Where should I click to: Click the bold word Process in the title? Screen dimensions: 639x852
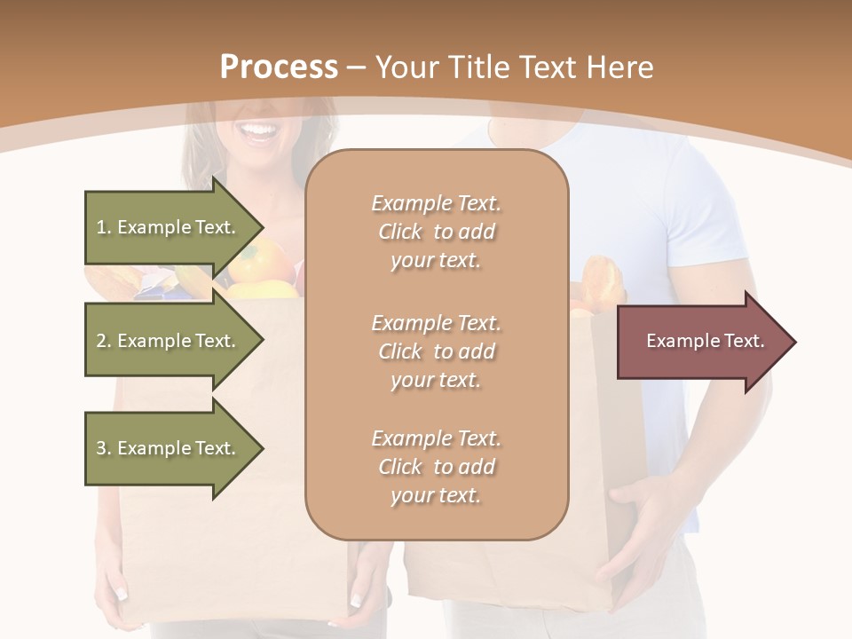tap(279, 67)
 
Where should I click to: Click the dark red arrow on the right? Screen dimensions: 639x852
tap(701, 342)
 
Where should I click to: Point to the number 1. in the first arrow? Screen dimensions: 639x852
tap(104, 227)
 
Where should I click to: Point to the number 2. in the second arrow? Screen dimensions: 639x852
tap(104, 341)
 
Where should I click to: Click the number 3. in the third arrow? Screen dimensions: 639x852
tap(104, 448)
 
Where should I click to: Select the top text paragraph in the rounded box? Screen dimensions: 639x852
tap(436, 232)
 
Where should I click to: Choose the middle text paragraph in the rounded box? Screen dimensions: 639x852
tap(436, 351)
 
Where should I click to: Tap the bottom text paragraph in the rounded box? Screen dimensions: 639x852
tap(436, 467)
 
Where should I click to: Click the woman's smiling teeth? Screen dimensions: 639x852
tap(260, 134)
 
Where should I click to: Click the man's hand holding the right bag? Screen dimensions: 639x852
tap(643, 532)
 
